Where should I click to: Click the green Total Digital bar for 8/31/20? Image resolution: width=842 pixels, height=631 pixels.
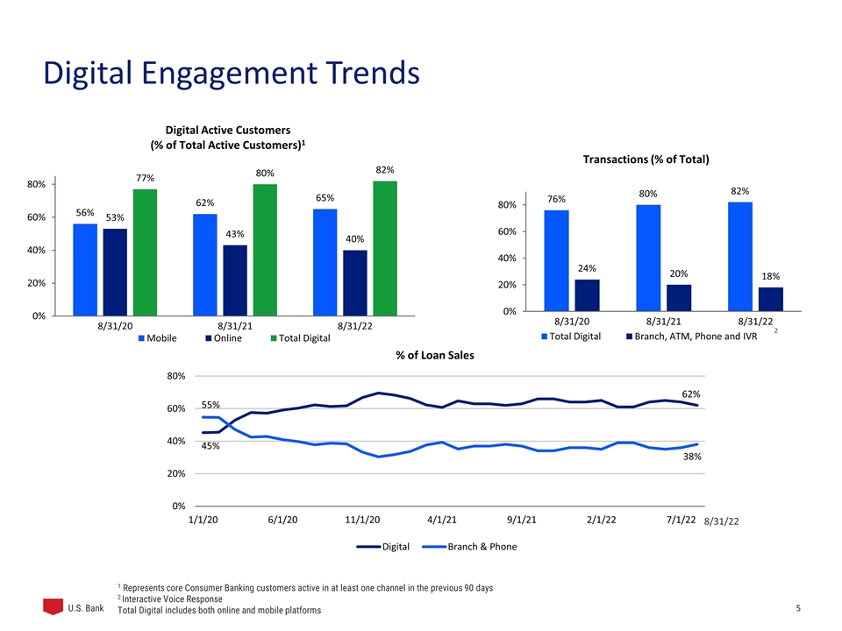[145, 252]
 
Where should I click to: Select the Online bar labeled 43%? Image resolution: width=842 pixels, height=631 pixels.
[235, 280]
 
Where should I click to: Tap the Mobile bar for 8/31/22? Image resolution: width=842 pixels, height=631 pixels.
[325, 262]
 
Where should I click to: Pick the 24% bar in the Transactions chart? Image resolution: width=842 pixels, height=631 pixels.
[587, 295]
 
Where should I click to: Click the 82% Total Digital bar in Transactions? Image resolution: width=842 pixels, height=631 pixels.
[740, 257]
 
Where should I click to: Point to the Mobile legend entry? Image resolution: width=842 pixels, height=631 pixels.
[157, 338]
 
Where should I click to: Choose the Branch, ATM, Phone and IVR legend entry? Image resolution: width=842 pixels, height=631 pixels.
[692, 337]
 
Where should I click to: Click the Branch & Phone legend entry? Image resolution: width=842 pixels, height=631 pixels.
[469, 547]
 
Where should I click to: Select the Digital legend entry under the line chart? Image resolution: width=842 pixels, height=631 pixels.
[383, 547]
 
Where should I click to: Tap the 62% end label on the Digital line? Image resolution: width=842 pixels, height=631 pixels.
[691, 394]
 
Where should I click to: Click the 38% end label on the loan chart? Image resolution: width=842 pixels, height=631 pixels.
[692, 457]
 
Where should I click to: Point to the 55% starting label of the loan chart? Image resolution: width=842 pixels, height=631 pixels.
[210, 405]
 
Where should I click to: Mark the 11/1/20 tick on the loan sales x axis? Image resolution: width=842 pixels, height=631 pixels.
[362, 520]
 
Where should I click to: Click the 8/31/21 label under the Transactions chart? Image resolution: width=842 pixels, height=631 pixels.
[663, 322]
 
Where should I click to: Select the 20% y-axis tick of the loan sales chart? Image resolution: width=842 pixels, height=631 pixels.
[176, 474]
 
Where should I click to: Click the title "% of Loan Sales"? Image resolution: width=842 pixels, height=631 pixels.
[435, 355]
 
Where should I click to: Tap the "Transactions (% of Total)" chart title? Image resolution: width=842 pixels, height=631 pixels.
[646, 160]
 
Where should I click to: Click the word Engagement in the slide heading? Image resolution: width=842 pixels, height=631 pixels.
[229, 74]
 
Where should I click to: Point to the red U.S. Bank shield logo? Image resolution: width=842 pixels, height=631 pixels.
[54, 606]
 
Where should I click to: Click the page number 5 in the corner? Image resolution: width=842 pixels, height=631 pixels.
[798, 608]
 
